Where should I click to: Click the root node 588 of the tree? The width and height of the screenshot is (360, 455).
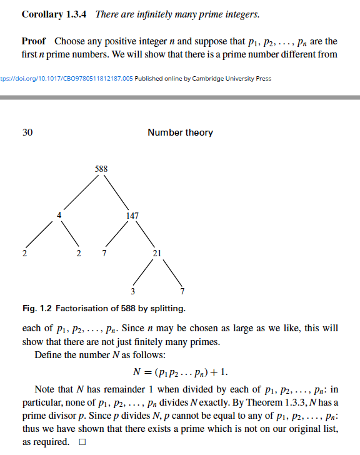(101, 168)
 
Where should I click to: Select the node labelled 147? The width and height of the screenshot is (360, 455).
(132, 215)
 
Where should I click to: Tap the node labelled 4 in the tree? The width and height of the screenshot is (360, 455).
(60, 215)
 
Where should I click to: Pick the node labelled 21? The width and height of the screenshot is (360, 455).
(157, 253)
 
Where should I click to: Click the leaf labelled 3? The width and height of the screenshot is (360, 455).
(132, 291)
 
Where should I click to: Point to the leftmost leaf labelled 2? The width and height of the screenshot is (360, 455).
(24, 253)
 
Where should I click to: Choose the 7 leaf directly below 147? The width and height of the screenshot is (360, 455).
(104, 253)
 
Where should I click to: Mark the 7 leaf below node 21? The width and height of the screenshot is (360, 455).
(182, 291)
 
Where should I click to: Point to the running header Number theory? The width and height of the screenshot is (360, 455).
(180, 132)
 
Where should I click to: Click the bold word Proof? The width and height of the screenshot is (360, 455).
(34, 41)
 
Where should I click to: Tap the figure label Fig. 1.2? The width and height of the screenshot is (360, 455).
(37, 309)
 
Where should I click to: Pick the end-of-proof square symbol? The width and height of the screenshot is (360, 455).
(81, 442)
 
